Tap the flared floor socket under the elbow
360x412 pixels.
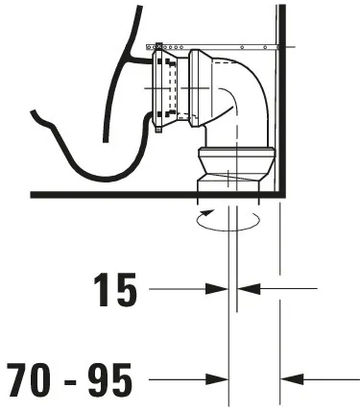click(234, 159)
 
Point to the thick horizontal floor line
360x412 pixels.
click(115, 195)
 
